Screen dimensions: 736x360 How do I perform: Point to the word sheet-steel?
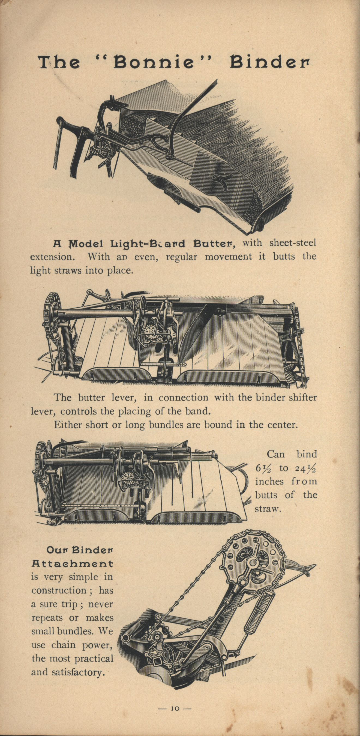(293, 243)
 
